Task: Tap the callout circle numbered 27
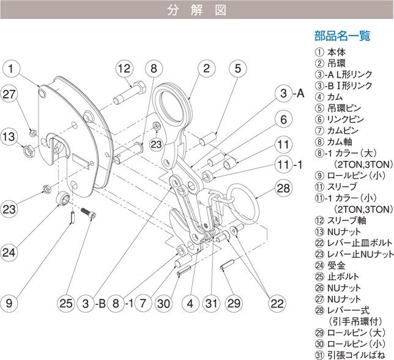point(9,95)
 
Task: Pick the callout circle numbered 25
point(68,302)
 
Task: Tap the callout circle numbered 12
point(124,68)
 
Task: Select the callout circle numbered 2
point(207,68)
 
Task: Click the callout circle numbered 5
point(239,68)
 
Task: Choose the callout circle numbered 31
point(210,302)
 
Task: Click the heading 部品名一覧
point(343,36)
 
